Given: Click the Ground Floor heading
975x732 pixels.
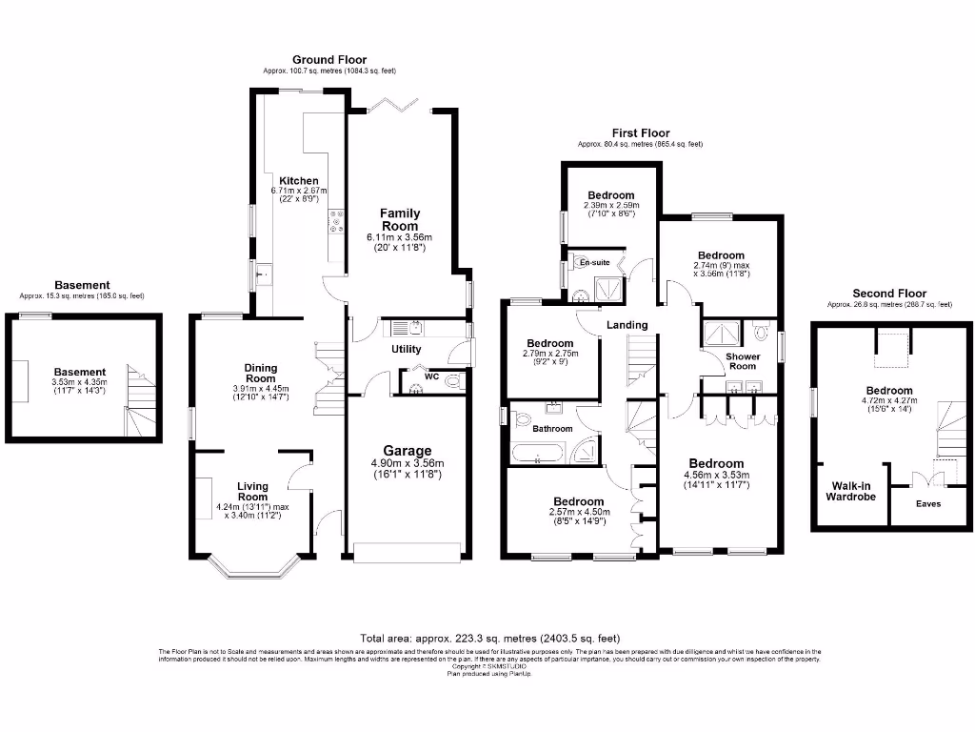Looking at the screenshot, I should point(328,60).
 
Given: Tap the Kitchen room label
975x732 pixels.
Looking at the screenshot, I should point(298,181).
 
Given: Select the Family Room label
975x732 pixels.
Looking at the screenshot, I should point(400,219).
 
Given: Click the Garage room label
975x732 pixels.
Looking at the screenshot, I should point(407,451).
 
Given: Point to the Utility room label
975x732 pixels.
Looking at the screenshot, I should point(407,350).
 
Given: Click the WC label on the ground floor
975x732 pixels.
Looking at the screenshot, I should point(431,376).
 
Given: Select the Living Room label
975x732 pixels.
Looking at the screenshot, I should point(252,491).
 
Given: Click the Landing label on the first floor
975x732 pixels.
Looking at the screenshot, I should point(627,325).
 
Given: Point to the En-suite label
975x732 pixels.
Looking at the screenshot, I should point(594,262).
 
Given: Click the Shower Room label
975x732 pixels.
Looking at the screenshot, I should point(743,361).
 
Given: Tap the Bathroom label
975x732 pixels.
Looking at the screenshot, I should point(552,429).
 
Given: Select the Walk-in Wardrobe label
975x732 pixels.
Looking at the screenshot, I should point(850,490).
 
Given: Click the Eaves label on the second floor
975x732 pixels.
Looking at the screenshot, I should point(928,503).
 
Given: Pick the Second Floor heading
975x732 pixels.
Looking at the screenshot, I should point(888,294).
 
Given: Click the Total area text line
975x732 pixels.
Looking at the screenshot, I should point(489,639).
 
